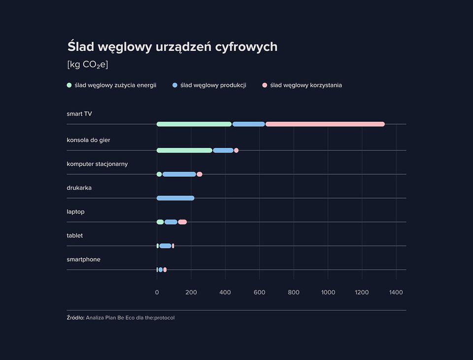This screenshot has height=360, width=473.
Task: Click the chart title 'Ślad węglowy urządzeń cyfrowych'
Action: point(172,47)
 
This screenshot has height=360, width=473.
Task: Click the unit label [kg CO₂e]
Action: point(87,65)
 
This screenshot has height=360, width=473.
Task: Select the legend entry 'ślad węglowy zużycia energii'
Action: point(115,85)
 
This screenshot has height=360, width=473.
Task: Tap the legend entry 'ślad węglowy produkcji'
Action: point(213,85)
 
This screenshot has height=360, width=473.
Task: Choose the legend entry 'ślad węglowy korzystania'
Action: point(305,85)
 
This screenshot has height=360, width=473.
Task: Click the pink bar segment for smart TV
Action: point(325,124)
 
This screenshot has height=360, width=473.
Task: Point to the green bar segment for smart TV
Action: point(194,124)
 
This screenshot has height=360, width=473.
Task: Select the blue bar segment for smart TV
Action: point(248,124)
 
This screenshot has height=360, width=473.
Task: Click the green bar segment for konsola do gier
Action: point(184,150)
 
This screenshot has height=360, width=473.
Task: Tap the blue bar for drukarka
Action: point(175,198)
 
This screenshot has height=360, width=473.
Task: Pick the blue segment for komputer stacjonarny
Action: point(179,174)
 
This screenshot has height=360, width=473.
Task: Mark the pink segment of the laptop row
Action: point(182,222)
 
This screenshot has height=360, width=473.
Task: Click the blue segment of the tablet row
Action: point(165,246)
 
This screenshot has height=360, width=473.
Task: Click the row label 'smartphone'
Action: point(83,259)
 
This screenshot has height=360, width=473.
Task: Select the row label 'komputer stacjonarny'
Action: point(97,164)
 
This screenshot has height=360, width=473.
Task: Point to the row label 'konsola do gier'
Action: point(88,140)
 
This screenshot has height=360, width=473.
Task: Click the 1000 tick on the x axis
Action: point(328,292)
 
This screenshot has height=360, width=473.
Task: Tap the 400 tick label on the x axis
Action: point(225,292)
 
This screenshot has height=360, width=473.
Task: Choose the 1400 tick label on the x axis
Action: point(396,292)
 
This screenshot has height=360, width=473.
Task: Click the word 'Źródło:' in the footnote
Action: point(75,318)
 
